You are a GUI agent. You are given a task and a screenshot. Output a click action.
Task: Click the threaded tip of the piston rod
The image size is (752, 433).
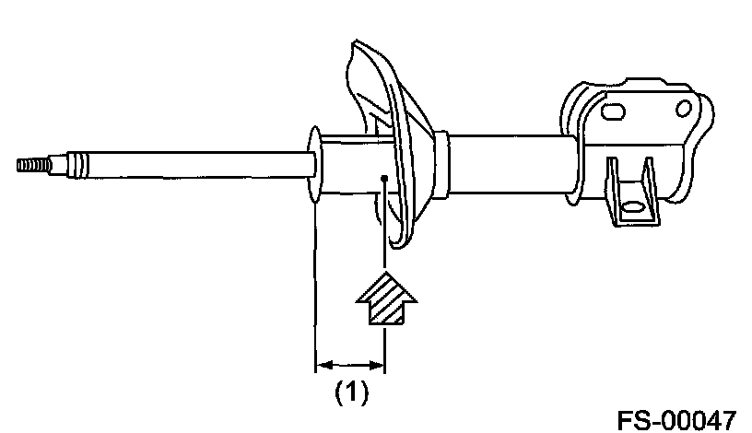click(29, 166)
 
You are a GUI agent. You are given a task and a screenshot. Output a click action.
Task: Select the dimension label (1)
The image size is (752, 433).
click(350, 393)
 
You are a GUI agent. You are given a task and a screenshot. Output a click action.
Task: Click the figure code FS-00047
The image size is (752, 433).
click(676, 419)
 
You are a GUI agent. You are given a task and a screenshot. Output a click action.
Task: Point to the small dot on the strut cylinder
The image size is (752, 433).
click(381, 179)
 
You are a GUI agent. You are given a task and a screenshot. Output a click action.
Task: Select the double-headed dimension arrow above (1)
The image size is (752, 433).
click(350, 364)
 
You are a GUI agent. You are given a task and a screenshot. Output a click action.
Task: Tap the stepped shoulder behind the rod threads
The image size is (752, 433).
click(58, 166)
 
